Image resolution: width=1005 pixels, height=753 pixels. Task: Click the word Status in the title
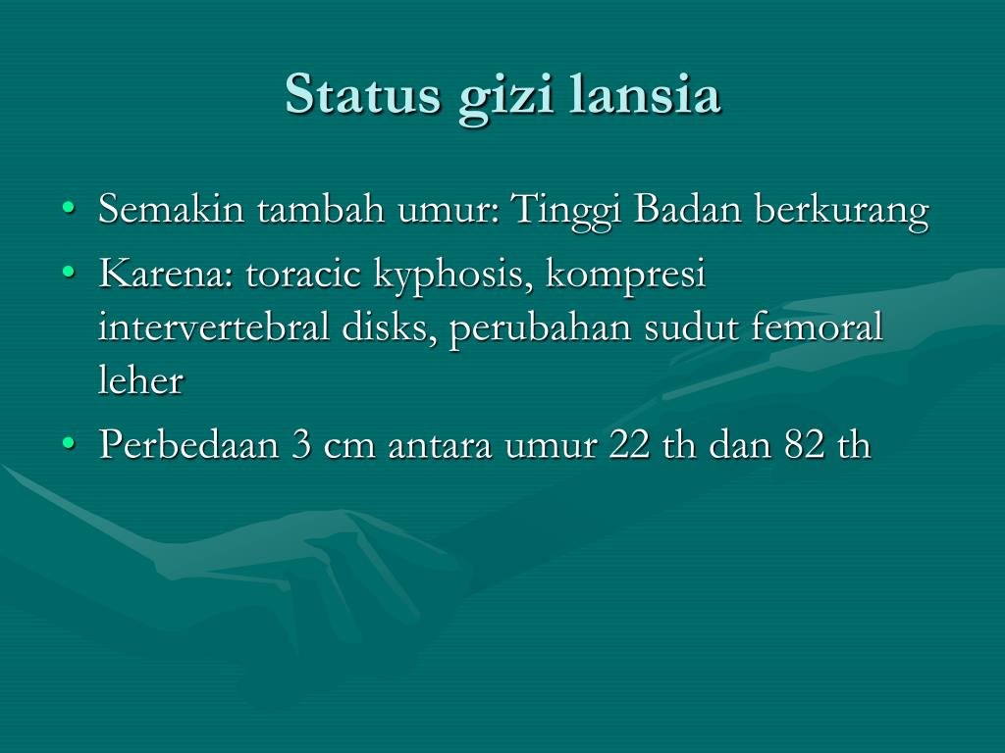click(x=363, y=94)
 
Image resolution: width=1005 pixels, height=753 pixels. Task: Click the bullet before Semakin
click(x=68, y=208)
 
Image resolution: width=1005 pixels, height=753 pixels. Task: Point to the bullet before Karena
click(x=68, y=273)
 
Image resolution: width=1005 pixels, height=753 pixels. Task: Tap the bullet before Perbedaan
click(x=68, y=443)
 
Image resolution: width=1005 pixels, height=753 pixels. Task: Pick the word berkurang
click(x=841, y=211)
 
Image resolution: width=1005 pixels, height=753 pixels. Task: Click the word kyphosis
click(x=453, y=276)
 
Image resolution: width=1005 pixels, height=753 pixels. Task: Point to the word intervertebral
click(x=214, y=326)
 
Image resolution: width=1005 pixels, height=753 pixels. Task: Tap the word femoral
click(x=817, y=326)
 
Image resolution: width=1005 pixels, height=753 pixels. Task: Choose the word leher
click(x=141, y=378)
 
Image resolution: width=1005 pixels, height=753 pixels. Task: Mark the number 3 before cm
click(x=300, y=444)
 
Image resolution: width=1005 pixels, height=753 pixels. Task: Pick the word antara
click(x=440, y=446)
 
